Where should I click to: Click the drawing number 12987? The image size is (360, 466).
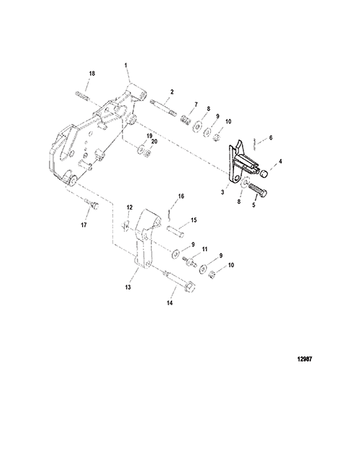(305, 359)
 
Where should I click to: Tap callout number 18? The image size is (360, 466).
(92, 73)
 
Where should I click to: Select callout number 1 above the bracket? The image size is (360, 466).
(126, 65)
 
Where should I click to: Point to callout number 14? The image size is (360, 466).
(170, 303)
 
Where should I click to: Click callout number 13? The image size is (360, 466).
(128, 287)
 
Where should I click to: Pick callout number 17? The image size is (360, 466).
(84, 225)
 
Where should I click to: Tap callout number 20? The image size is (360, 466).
(154, 142)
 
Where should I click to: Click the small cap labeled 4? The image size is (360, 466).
(264, 174)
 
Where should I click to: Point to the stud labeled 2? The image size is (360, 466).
(163, 108)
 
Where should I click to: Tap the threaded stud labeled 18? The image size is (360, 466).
(82, 96)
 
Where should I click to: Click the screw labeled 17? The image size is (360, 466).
(91, 204)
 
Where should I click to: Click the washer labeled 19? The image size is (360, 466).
(140, 148)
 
